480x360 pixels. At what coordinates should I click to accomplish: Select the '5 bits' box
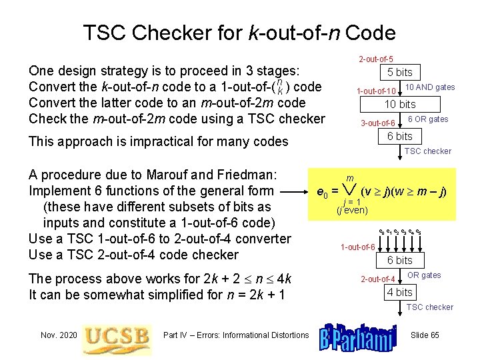tap(400, 72)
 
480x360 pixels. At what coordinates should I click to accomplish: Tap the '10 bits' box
tap(400, 104)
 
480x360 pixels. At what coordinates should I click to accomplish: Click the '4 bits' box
tap(400, 292)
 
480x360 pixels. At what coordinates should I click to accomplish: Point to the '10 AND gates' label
tap(430, 87)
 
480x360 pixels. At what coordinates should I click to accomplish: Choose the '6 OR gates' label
tap(428, 119)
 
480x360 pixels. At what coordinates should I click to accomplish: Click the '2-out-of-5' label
tap(376, 60)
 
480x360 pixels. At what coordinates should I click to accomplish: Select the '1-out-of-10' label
tap(377, 91)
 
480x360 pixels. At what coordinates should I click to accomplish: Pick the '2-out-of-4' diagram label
tap(379, 279)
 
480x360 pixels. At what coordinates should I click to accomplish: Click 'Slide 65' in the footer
tap(425, 335)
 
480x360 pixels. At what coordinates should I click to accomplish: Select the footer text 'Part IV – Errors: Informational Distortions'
tap(236, 335)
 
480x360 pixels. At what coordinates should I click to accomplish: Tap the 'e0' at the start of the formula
tap(321, 194)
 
